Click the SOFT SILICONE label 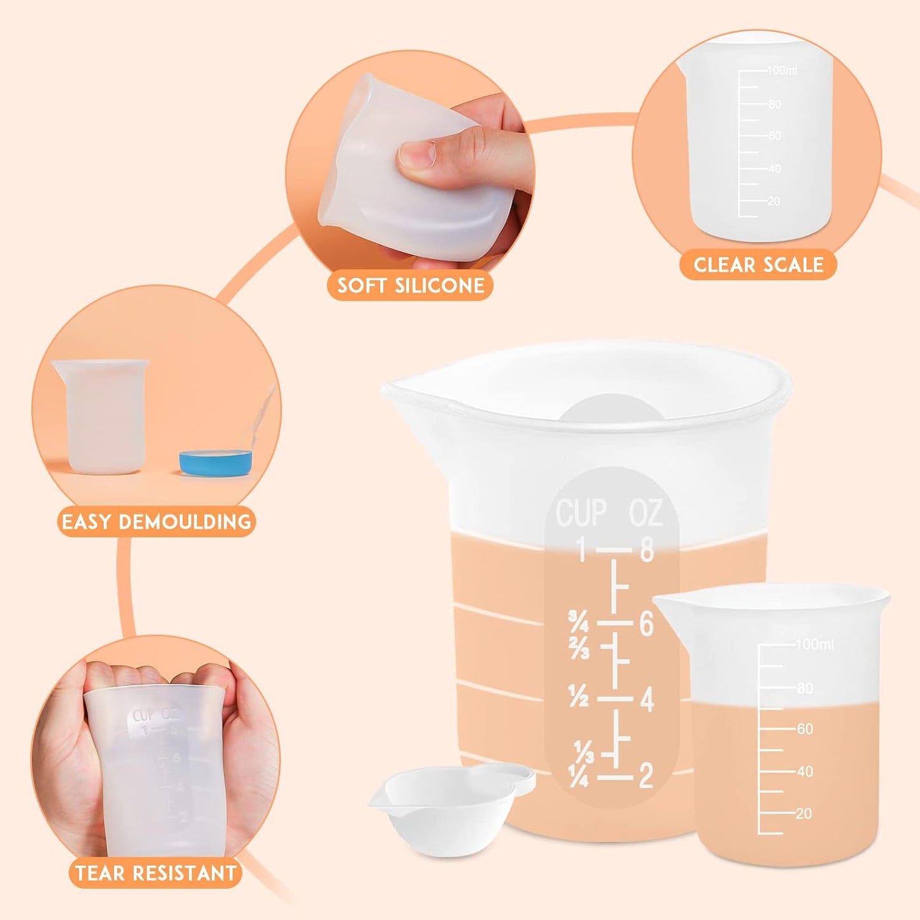pos(411,285)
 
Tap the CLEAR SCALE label pos(758,265)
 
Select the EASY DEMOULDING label pos(156,522)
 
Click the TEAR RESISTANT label pos(155,873)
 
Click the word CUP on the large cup pos(581,513)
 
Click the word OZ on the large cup pos(646,513)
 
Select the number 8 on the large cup pos(647,549)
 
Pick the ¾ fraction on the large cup pos(578,621)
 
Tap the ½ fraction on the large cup pos(578,698)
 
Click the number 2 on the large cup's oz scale pos(646,776)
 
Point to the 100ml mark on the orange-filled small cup pos(814,644)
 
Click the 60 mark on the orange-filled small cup pos(805,729)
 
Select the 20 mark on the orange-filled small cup pos(803,814)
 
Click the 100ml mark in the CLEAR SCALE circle pos(782,70)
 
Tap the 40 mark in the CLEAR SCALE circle pos(774,169)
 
